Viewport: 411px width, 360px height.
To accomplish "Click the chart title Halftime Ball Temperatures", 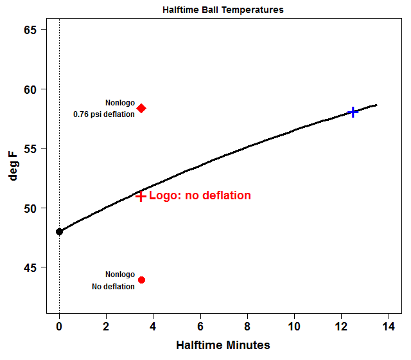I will click(x=222, y=10).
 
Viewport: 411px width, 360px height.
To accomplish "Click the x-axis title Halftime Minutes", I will click(x=223, y=345).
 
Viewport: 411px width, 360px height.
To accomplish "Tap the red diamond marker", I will click(x=141, y=108).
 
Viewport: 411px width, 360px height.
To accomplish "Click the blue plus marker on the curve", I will click(x=353, y=112).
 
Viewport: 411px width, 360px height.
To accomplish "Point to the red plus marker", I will click(x=141, y=196).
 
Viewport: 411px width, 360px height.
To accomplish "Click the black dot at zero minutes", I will click(x=59, y=231).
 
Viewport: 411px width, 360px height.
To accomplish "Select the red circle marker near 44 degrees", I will click(x=141, y=280).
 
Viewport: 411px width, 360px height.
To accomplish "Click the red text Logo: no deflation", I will click(x=200, y=195).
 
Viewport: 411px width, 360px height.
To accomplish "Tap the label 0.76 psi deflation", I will click(x=104, y=114).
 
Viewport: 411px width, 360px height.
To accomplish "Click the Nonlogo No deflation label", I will click(x=114, y=280).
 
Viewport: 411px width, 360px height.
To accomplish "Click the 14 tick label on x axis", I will click(x=388, y=326).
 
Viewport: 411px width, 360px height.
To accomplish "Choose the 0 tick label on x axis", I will click(x=59, y=326).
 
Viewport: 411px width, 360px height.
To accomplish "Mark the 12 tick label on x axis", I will click(x=341, y=326).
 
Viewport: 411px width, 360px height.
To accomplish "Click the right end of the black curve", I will click(x=376, y=105).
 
